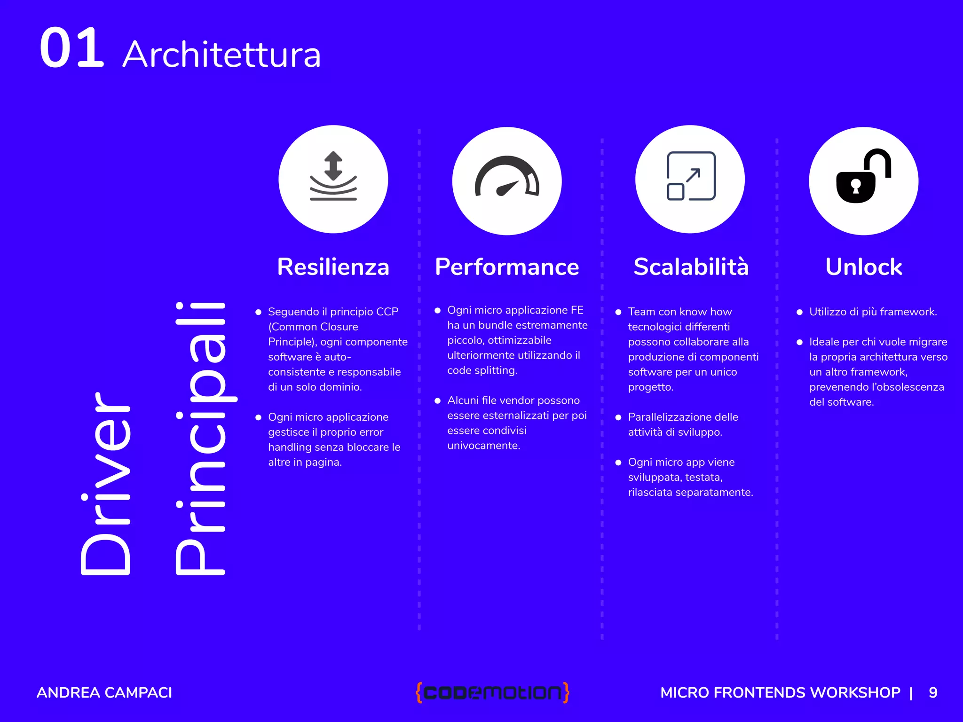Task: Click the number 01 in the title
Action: pyautogui.click(x=71, y=48)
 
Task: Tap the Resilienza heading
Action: pyautogui.click(x=333, y=267)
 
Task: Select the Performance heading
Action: pyautogui.click(x=506, y=267)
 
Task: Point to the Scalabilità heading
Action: pyautogui.click(x=690, y=267)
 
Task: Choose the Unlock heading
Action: pyautogui.click(x=863, y=267)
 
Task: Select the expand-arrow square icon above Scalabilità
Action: pyautogui.click(x=691, y=176)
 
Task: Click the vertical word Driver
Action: pyautogui.click(x=105, y=484)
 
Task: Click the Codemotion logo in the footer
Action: pyautogui.click(x=492, y=692)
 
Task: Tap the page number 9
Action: pyautogui.click(x=933, y=692)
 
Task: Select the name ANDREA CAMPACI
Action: pyautogui.click(x=104, y=692)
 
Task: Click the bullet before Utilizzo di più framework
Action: pyautogui.click(x=799, y=312)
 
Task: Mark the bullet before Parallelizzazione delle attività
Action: pyautogui.click(x=618, y=417)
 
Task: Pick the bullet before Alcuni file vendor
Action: pyautogui.click(x=437, y=400)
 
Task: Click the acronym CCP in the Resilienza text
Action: pyautogui.click(x=387, y=312)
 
